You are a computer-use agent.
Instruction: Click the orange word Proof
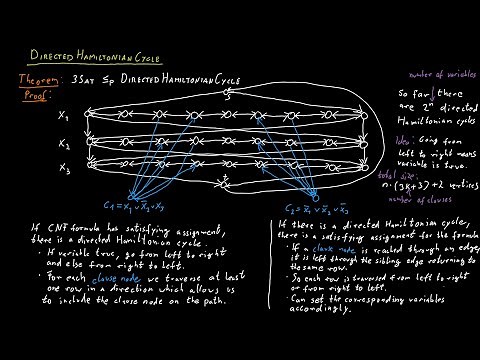[x=36, y=94]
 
